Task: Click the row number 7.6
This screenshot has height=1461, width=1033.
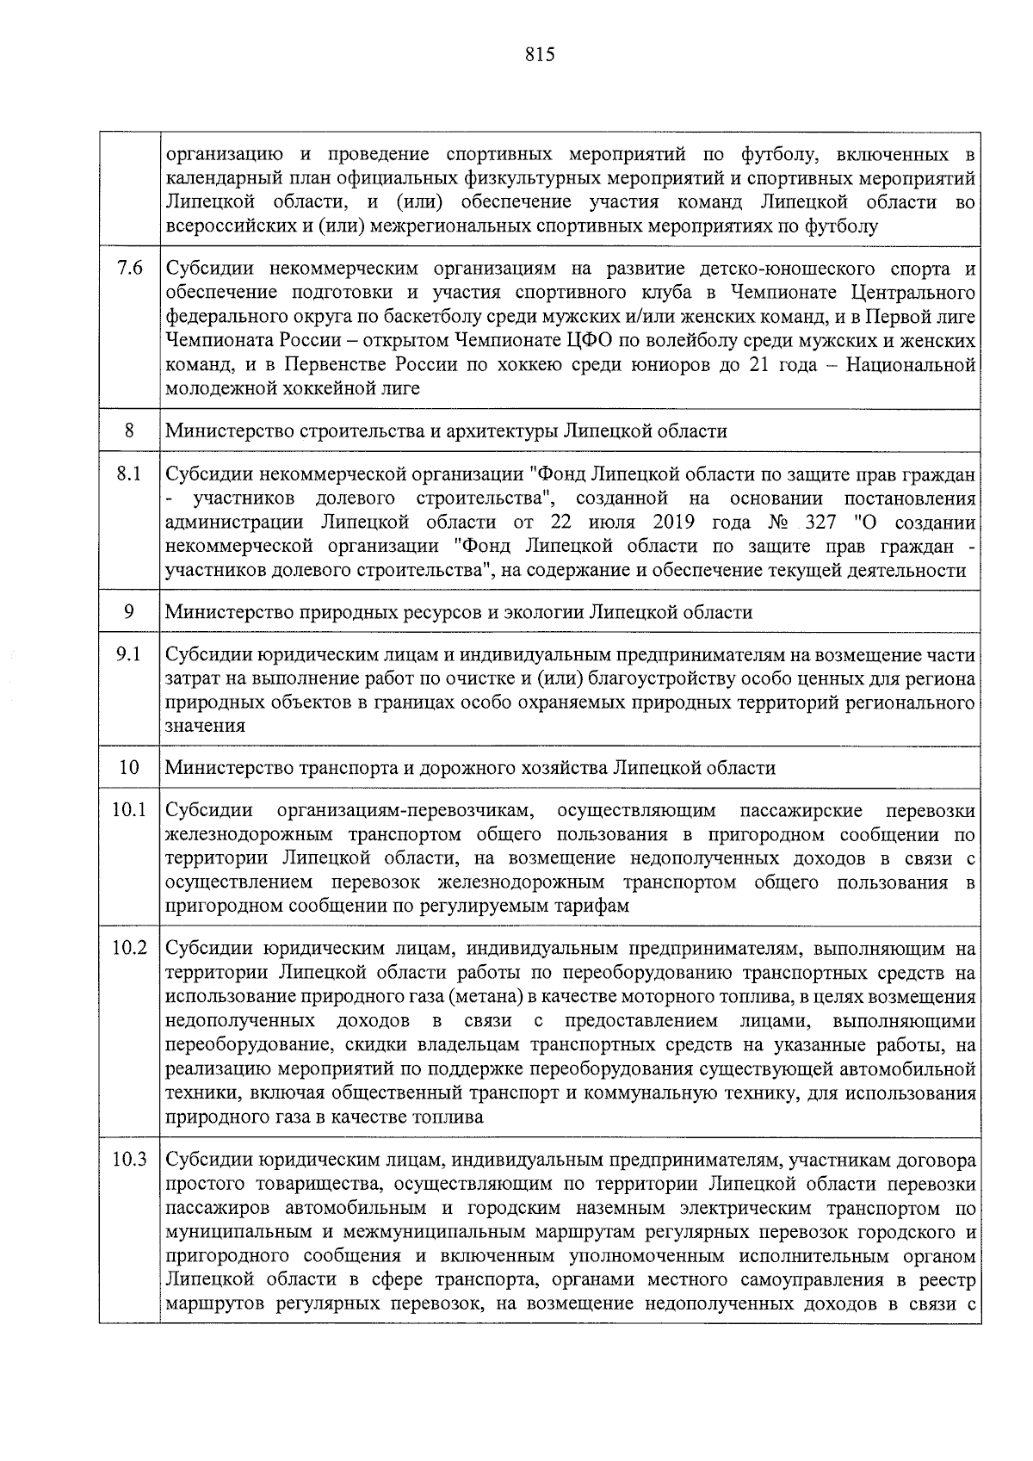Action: click(x=129, y=268)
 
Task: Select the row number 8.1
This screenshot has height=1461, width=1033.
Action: click(x=129, y=474)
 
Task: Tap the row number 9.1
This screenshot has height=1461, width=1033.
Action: click(x=129, y=654)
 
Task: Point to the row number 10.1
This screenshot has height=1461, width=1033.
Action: click(x=129, y=810)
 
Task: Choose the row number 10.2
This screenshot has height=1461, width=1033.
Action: click(x=129, y=948)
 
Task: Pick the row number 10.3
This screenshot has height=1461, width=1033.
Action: click(x=129, y=1159)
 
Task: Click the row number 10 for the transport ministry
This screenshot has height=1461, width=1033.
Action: click(x=129, y=767)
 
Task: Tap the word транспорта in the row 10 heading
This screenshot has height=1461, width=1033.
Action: click(x=346, y=767)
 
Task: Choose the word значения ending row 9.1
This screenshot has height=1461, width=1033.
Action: click(x=205, y=725)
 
